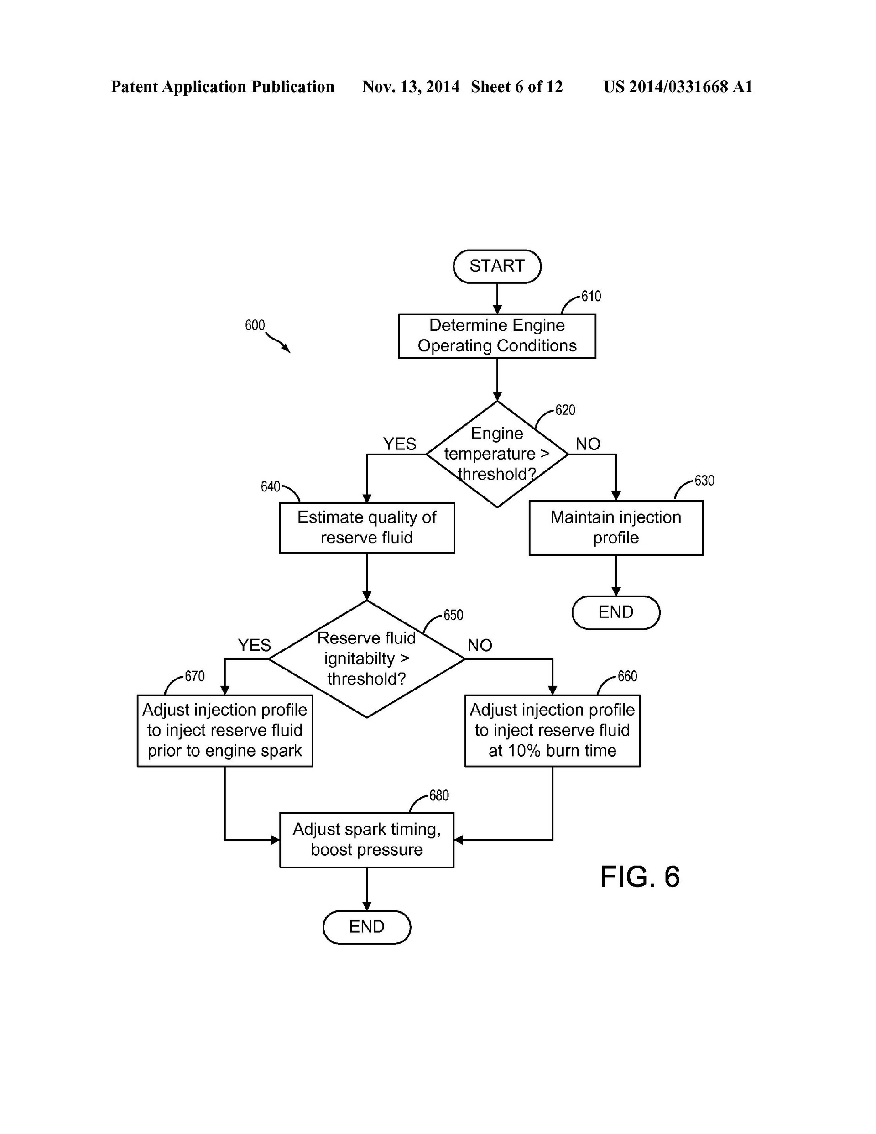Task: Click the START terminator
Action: [497, 267]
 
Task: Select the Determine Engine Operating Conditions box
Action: [497, 335]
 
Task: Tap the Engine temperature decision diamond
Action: [497, 454]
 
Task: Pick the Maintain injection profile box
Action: [615, 528]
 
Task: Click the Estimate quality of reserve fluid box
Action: [367, 528]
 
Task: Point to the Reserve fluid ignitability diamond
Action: [367, 659]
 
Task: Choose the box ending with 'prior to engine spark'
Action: [225, 730]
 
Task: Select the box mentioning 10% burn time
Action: [552, 730]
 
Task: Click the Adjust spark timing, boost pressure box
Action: [367, 840]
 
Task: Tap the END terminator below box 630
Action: [615, 612]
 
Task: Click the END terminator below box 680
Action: [367, 927]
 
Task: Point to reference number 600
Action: [255, 325]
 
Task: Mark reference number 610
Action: [591, 297]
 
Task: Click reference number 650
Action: [453, 615]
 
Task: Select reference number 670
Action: [195, 676]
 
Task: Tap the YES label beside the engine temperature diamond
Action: [399, 444]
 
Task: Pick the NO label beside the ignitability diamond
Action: [479, 645]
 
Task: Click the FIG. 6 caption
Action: [639, 877]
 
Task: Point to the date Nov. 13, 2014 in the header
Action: [411, 87]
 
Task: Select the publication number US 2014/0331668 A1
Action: [677, 87]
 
